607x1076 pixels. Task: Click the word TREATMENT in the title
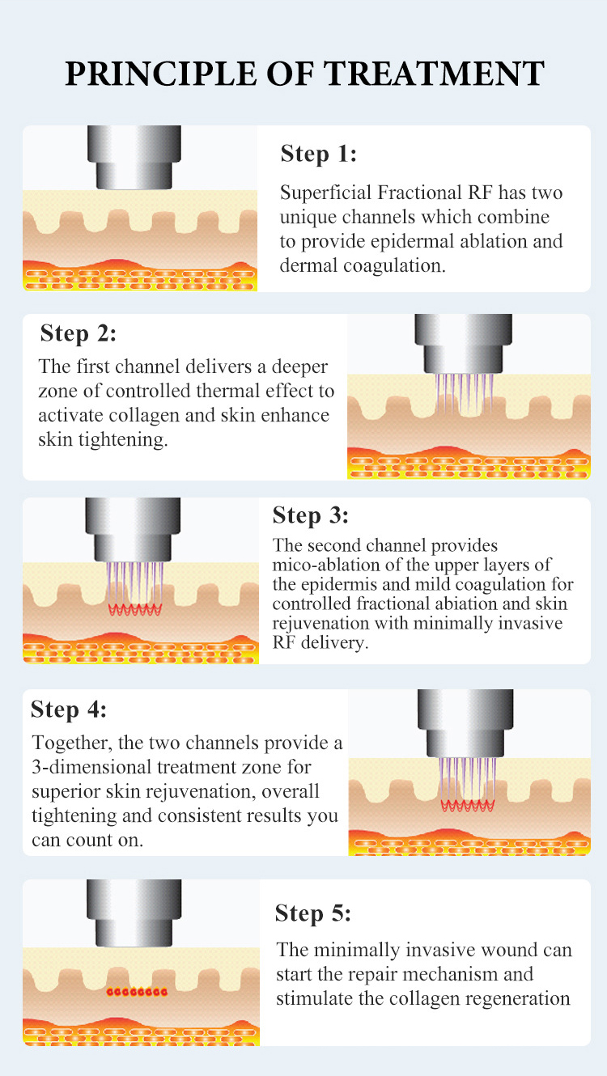point(434,74)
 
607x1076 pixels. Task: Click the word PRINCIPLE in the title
point(161,74)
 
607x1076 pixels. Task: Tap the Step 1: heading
point(319,154)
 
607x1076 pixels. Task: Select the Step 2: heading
point(79,333)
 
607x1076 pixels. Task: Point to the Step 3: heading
point(311,515)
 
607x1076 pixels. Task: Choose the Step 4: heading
point(69,710)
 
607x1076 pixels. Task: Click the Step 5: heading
point(313,913)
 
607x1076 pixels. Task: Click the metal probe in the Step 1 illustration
point(134,157)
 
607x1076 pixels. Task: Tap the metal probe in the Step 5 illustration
point(134,913)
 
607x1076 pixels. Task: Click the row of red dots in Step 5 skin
point(137,992)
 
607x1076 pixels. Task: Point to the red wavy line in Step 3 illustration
point(134,609)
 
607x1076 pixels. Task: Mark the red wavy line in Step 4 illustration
point(468,806)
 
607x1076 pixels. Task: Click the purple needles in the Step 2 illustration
point(465,394)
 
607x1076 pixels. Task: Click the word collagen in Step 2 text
point(145,416)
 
